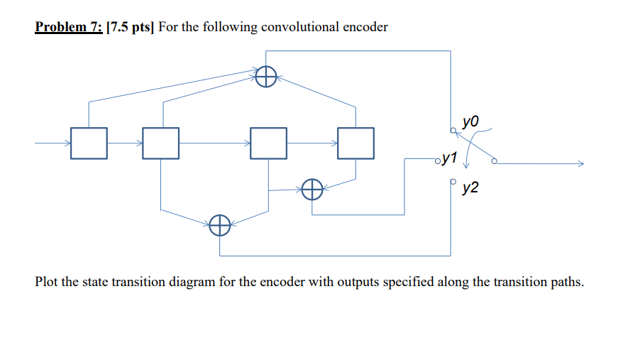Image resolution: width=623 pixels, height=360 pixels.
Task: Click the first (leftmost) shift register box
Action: pyautogui.click(x=89, y=143)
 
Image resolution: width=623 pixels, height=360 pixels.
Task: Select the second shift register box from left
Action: pyautogui.click(x=160, y=143)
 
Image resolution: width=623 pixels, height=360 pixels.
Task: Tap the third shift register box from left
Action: pyautogui.click(x=269, y=143)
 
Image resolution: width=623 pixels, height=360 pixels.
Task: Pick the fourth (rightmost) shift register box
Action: pyautogui.click(x=355, y=143)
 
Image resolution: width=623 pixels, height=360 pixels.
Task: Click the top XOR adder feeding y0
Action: pyautogui.click(x=266, y=77)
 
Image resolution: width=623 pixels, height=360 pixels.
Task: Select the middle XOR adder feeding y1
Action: pyautogui.click(x=312, y=190)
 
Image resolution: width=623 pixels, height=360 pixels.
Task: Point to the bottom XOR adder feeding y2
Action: pyautogui.click(x=220, y=227)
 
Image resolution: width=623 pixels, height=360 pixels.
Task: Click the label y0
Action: pyautogui.click(x=470, y=122)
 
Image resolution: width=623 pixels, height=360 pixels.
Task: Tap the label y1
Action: pyautogui.click(x=449, y=158)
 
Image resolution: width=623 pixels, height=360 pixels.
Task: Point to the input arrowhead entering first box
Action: pyautogui.click(x=67, y=143)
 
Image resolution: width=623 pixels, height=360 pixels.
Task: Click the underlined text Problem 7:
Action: pyautogui.click(x=68, y=27)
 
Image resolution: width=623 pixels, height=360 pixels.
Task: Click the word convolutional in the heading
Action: pyautogui.click(x=302, y=27)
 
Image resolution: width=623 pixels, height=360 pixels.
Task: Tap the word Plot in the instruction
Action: pyautogui.click(x=48, y=282)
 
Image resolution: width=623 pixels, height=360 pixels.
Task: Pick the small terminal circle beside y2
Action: pyautogui.click(x=452, y=182)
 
